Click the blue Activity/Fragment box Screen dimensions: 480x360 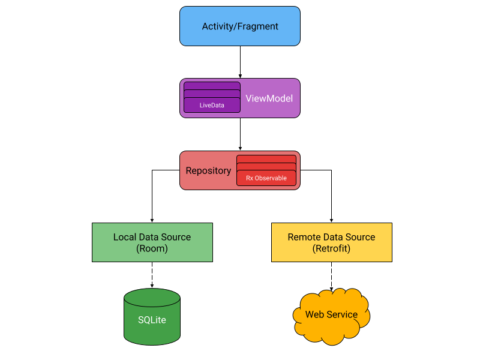239,26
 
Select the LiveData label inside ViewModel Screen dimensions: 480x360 212,106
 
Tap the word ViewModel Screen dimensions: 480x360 269,98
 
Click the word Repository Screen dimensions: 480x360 208,171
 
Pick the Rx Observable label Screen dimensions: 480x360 266,178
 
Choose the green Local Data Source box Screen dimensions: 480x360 152,242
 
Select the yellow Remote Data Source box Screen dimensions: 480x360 332,242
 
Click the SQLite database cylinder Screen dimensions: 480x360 152,317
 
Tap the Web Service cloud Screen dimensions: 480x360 331,316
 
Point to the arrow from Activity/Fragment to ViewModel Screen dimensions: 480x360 240,62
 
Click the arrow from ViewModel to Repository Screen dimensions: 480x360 240,134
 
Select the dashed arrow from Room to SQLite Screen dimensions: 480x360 152,275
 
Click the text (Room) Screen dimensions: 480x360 152,248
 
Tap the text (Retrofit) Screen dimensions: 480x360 331,248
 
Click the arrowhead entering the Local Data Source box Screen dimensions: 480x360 152,221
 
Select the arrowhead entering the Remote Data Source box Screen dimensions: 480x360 331,221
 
